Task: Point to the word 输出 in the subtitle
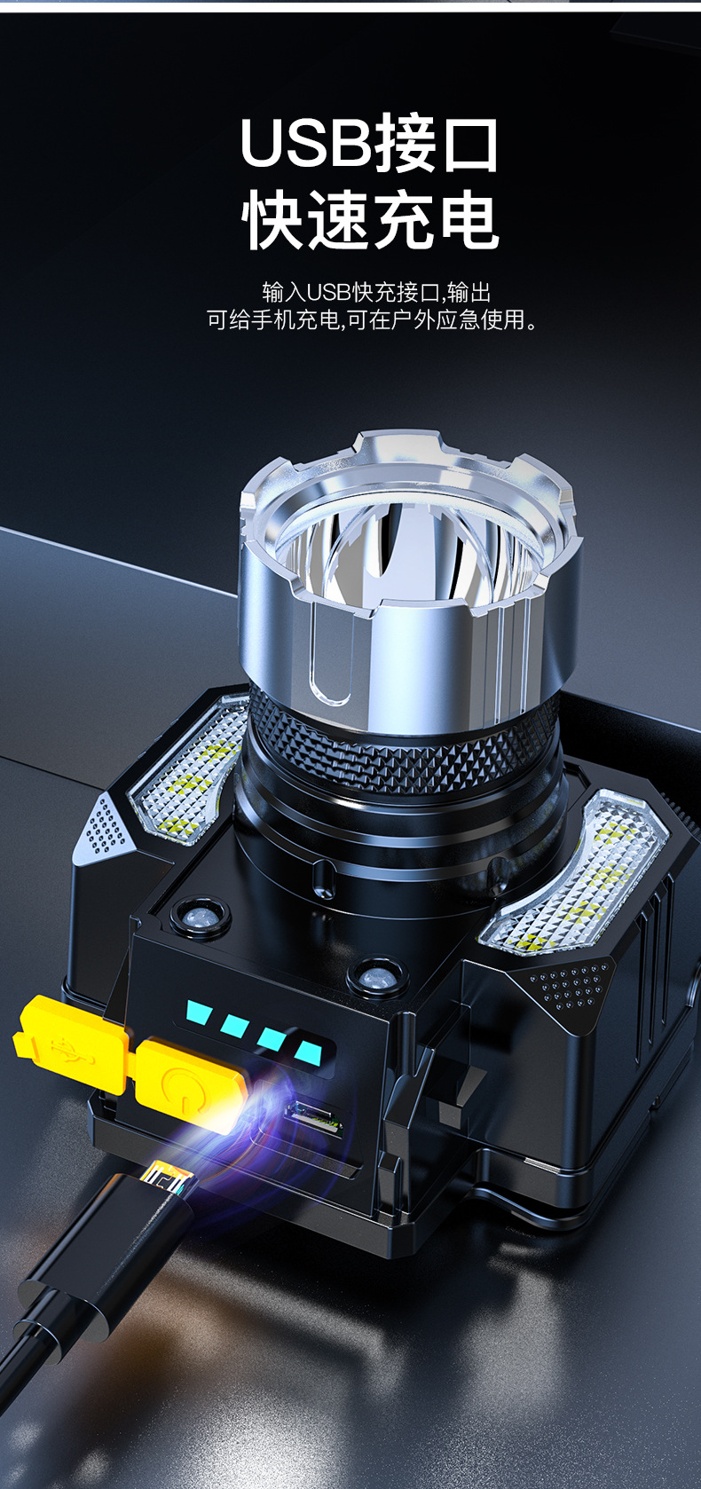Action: pos(469,292)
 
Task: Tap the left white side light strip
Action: pos(189,771)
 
